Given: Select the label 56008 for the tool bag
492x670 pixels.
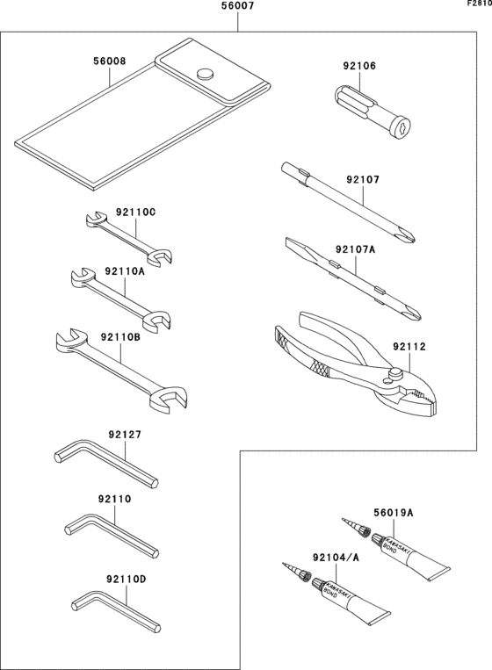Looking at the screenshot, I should coord(109,63).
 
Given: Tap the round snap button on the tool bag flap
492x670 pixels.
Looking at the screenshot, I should coord(207,74).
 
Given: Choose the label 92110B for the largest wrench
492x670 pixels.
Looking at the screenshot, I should coord(119,336).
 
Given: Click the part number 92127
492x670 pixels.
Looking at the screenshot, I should coord(125,434).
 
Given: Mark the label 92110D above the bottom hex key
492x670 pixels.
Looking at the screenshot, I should coord(126,578).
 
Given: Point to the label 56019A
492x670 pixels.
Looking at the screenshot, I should coord(393,513).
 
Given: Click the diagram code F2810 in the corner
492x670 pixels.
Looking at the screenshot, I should coord(479,4).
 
